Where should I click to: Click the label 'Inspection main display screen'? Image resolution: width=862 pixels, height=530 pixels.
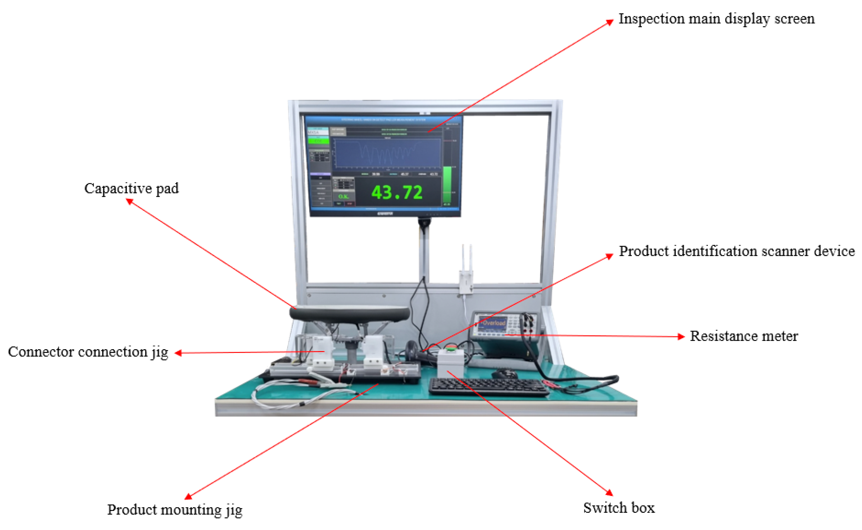point(716,19)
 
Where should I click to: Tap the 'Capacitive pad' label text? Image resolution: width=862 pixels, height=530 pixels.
point(132,188)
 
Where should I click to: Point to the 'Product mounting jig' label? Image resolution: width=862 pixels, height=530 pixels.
point(175,510)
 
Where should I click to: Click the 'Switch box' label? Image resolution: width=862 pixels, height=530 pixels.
point(619,508)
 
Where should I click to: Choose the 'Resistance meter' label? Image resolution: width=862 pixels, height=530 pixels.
point(744,336)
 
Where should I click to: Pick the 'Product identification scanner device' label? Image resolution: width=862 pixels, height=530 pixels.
point(736,251)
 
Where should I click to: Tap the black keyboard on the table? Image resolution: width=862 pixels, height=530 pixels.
point(488,387)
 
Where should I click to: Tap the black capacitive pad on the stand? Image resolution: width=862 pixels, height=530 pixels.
point(350,313)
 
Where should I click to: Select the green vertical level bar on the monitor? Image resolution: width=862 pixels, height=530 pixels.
point(447,185)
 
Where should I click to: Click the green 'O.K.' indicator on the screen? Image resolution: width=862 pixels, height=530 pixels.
point(343,196)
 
